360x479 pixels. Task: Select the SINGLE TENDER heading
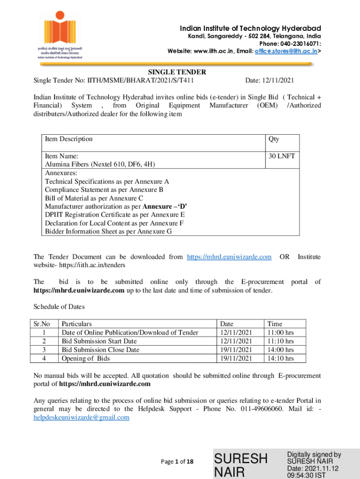click(x=177, y=72)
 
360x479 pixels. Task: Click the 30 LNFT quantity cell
click(x=281, y=156)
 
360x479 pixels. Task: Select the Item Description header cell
click(x=69, y=139)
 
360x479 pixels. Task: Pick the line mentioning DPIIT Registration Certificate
click(x=115, y=215)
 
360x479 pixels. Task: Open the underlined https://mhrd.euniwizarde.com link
click(x=229, y=257)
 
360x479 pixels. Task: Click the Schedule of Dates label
click(x=59, y=307)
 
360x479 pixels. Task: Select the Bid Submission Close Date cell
click(x=101, y=349)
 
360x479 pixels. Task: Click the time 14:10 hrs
click(x=280, y=358)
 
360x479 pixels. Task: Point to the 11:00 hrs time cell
click(x=280, y=332)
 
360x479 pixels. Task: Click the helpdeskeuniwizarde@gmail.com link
click(x=81, y=417)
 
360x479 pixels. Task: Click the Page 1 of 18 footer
click(x=177, y=462)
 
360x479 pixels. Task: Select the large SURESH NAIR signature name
click(x=240, y=464)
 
